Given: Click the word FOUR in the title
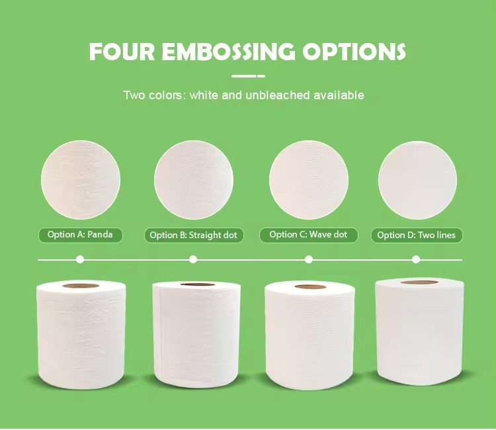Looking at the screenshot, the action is pos(122,51).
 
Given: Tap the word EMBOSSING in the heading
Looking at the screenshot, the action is pos(228,51).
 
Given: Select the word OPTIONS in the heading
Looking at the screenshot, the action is pos(354,51).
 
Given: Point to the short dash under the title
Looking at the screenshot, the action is pos(248,76).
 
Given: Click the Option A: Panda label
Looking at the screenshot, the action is pos(80,235).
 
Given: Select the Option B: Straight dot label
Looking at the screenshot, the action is pos(194,236).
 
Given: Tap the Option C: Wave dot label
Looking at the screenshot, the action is pos(308,235).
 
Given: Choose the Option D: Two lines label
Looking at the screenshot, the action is pos(417,236).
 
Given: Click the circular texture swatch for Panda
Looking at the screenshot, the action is pos(81,180).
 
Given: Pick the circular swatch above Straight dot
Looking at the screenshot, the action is pos(194,180).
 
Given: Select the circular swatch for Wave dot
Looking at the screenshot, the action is pos(309,180).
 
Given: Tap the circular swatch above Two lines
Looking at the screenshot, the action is pos(417,181).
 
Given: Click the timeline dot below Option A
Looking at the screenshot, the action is pos(80,260).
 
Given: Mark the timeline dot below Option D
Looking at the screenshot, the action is pos(416,260).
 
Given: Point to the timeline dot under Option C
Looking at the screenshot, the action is pos(309,260).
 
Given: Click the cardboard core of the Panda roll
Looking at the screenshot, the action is pos(81,286).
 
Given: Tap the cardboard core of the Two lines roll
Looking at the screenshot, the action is pos(419,282).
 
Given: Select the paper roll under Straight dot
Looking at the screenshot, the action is pos(196,335).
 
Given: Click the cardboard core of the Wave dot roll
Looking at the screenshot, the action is pos(310,287).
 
